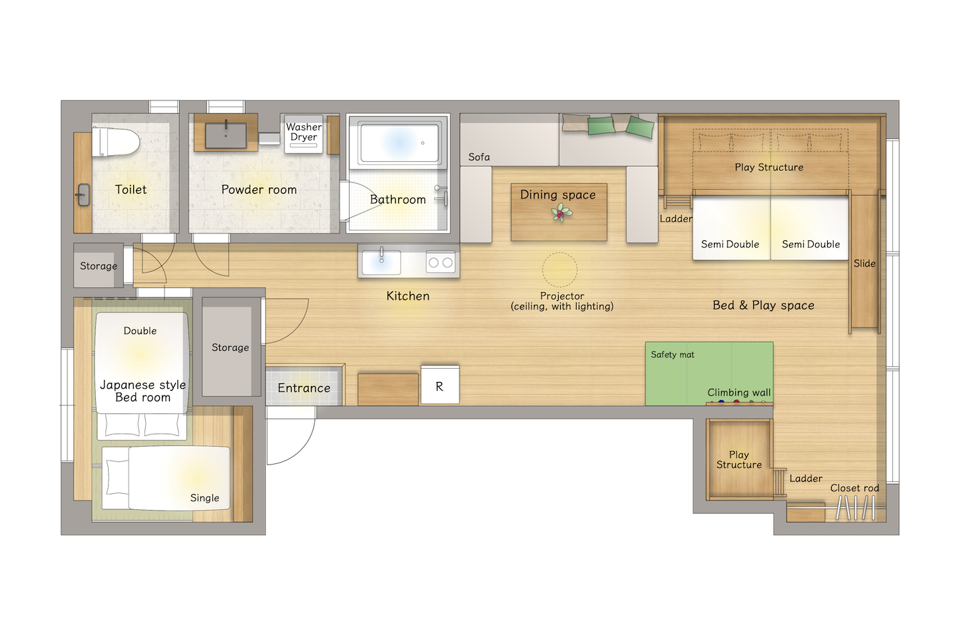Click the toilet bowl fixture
tap(116, 142)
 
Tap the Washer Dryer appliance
tap(304, 134)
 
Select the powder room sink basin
tap(226, 136)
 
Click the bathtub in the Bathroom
tap(399, 142)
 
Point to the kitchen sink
tap(381, 262)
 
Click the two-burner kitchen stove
tap(441, 262)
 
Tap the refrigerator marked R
tap(440, 385)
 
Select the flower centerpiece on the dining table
tap(561, 213)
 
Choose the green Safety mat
tap(709, 373)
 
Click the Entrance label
tap(304, 388)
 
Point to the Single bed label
tap(204, 498)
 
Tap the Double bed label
tap(140, 331)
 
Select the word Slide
tap(864, 264)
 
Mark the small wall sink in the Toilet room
tap(83, 195)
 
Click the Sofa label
tap(479, 157)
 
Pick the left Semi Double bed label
tap(730, 244)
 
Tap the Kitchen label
tap(408, 296)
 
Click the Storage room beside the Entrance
tap(230, 347)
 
